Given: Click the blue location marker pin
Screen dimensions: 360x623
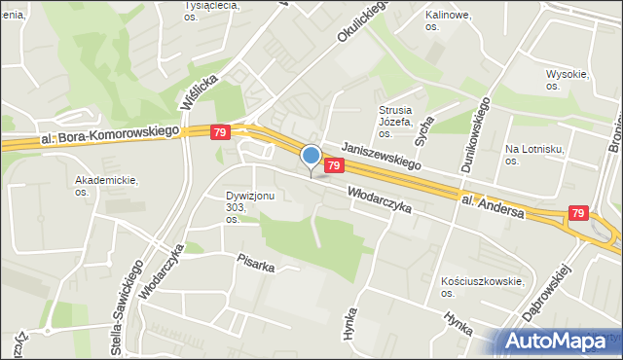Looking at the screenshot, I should click(311, 157).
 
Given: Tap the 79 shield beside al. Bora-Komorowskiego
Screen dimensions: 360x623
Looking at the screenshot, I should click(220, 132).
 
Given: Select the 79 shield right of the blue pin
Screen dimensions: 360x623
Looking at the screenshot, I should click(334, 166).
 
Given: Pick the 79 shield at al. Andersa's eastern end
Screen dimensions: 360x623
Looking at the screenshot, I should click(579, 213).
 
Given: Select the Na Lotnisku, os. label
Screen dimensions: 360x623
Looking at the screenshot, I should click(530, 155).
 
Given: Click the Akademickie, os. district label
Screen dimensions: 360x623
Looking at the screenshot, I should click(107, 186).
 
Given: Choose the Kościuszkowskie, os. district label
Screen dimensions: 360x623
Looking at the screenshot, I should click(482, 287).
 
